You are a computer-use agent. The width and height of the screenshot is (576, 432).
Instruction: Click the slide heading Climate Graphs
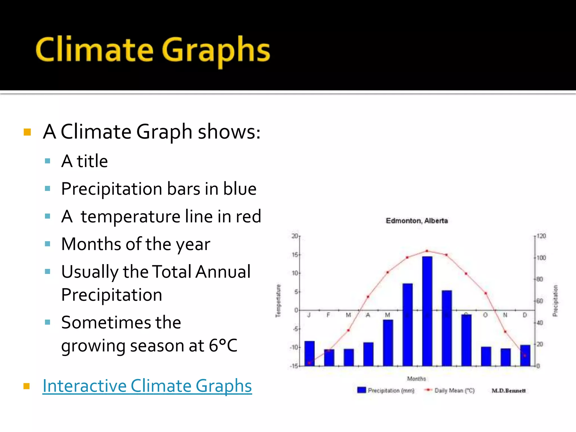153,50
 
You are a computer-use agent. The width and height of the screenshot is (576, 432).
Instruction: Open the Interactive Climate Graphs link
147,386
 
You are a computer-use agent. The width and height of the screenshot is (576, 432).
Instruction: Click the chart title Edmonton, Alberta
417,221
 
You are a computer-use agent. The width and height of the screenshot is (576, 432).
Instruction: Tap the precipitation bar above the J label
309,353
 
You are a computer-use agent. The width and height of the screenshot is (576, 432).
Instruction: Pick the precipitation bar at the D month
525,355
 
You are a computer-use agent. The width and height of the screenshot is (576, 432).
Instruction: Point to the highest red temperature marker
427,251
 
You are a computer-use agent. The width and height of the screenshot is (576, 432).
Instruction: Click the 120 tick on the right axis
541,236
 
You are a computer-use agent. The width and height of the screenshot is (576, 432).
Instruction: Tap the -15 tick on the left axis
294,366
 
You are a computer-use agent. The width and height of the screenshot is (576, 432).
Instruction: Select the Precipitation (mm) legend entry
386,390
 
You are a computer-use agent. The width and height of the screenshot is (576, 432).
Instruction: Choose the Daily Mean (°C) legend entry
450,390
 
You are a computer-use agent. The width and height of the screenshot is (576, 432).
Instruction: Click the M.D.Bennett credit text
508,391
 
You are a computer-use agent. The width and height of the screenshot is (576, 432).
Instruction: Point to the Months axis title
417,379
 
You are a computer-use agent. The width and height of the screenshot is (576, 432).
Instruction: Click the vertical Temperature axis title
278,301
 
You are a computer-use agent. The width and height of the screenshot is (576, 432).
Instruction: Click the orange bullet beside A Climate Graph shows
27,132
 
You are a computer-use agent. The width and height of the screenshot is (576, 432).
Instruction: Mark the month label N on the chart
505,315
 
